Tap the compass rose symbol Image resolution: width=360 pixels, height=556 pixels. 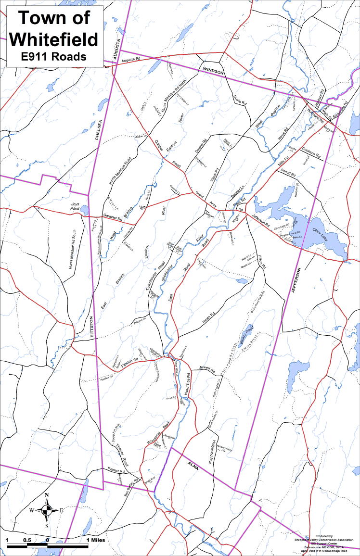coord(47,510)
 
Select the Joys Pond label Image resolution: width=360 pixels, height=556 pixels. coord(75,206)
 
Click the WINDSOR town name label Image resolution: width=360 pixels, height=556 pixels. coord(213,71)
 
